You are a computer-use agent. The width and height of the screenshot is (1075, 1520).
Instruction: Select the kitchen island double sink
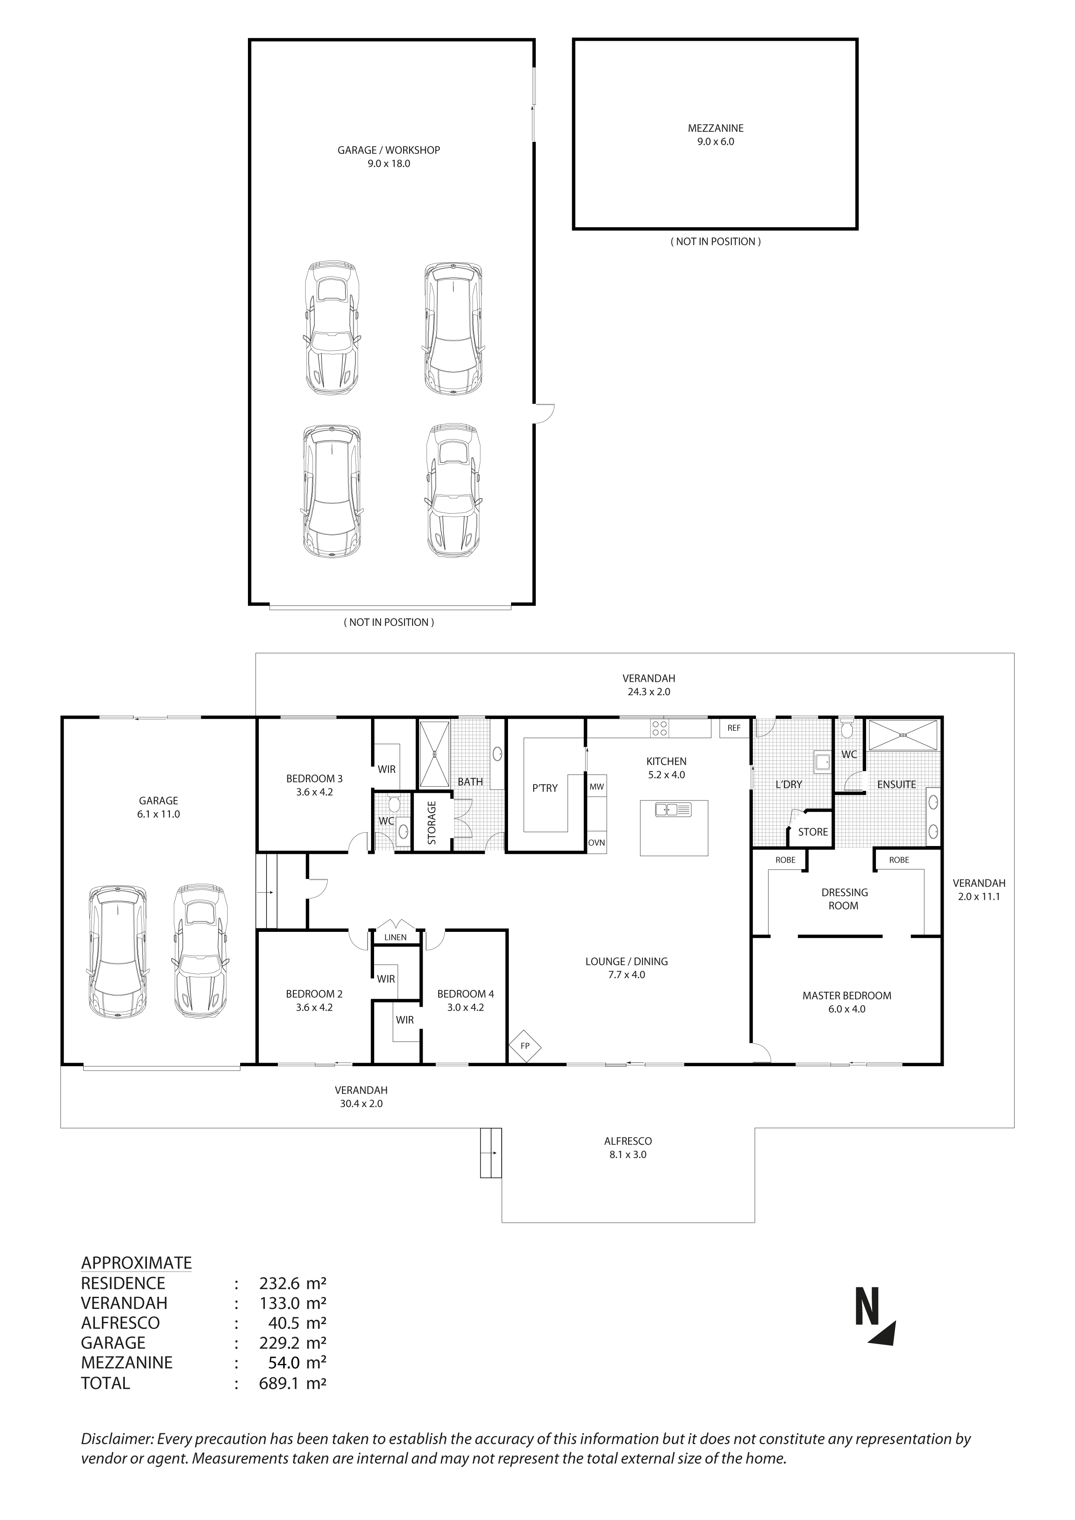click(673, 809)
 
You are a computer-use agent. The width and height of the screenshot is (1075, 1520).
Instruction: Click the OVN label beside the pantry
click(596, 843)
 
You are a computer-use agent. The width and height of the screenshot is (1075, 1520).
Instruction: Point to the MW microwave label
click(596, 787)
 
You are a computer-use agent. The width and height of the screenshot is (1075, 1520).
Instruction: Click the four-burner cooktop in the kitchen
click(659, 728)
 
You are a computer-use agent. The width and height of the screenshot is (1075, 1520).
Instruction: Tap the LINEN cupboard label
click(395, 937)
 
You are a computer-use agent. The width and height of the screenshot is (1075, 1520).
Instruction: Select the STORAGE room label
click(432, 823)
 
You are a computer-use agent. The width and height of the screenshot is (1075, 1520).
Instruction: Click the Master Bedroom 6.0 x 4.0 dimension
click(847, 1009)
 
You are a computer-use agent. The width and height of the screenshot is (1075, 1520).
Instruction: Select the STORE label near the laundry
click(812, 832)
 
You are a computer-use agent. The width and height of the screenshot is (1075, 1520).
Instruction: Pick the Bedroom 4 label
click(466, 994)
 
